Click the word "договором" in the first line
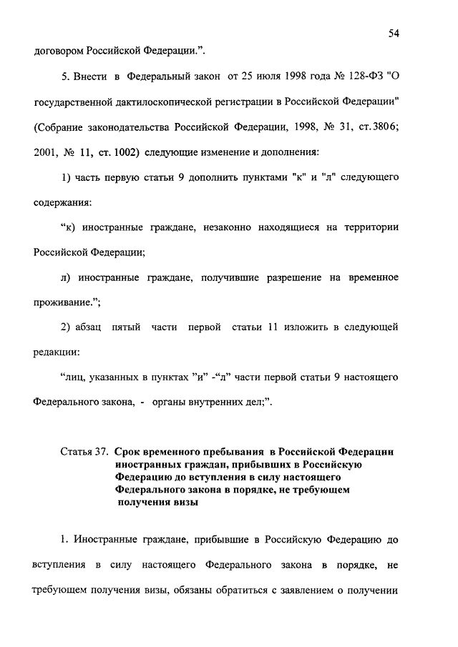[x=59, y=51]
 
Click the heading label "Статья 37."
[x=82, y=452]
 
